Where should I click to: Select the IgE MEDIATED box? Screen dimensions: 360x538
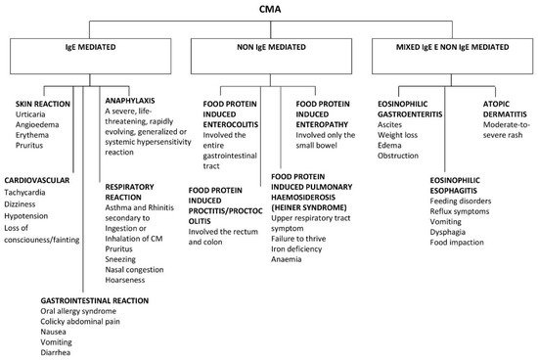(89, 58)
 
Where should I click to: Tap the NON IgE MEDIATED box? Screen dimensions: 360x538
(270, 58)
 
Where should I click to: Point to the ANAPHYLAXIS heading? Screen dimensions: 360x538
(135, 97)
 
